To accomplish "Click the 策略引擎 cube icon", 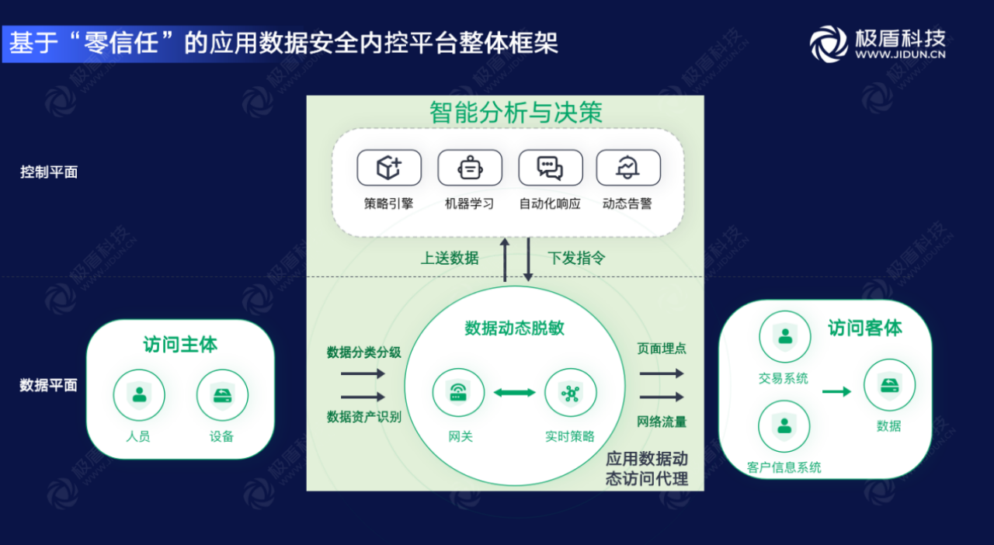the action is tap(388, 168).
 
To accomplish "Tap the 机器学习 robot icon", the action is tap(470, 168).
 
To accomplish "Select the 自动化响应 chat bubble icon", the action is tap(550, 168).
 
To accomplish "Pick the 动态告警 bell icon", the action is tap(627, 168).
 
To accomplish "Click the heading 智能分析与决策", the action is tap(516, 113).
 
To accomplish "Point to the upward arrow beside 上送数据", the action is tap(505, 259).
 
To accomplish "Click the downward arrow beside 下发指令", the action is tap(528, 259).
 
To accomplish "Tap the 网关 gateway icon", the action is tap(458, 394).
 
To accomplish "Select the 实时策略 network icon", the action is tap(571, 394).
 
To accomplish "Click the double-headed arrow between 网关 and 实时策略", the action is tap(515, 393).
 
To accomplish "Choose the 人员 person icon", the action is tap(139, 394).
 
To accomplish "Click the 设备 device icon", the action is tap(222, 394).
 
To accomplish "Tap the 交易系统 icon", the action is tap(784, 337).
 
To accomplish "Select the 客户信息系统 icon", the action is tap(784, 425).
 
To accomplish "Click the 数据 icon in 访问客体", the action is tap(889, 384).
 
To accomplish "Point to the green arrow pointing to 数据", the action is tap(836, 391).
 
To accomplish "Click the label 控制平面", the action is tap(49, 172).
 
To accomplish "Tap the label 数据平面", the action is tap(49, 385).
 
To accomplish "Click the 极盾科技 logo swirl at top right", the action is tap(829, 43).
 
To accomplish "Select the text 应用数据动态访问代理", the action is tap(647, 468).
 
